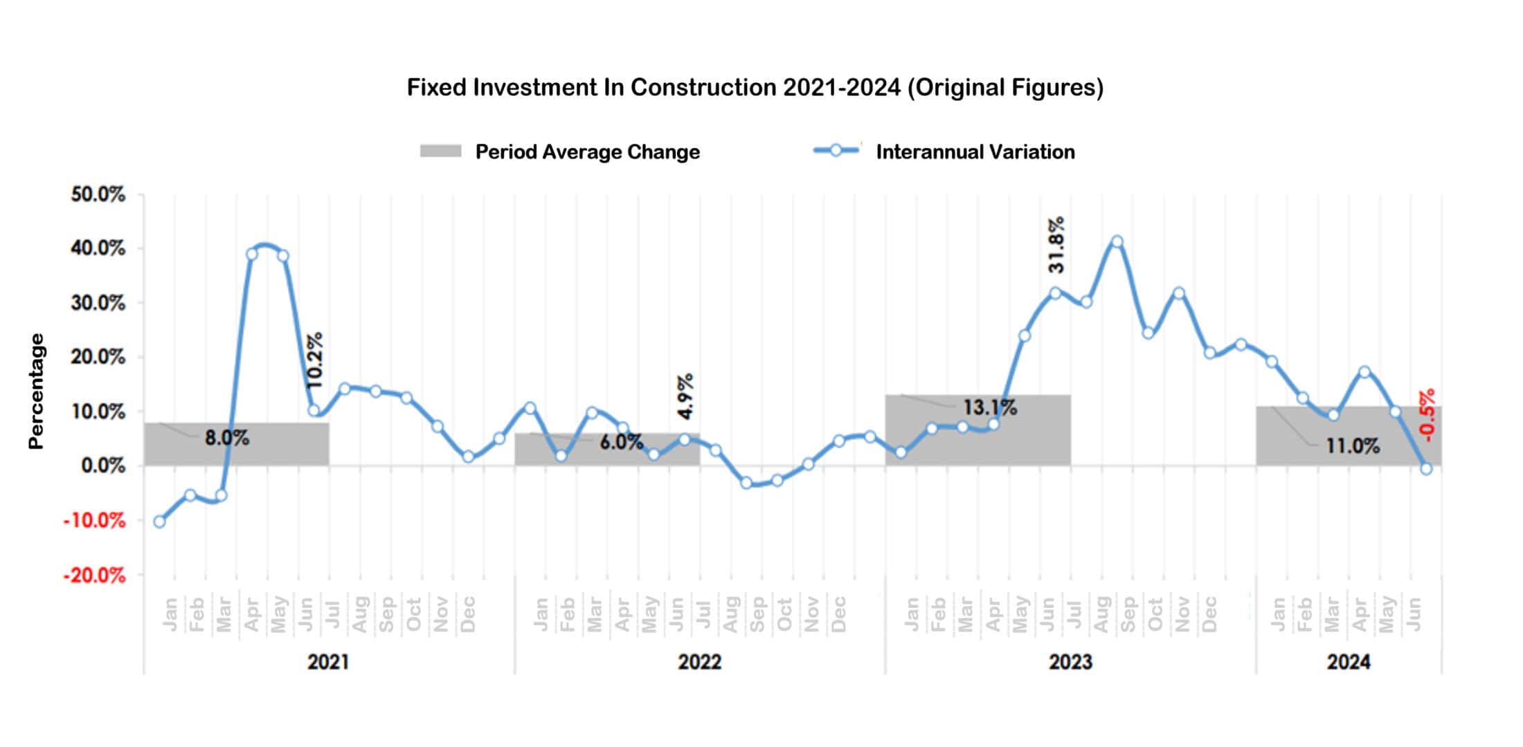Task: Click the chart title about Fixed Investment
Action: (x=755, y=88)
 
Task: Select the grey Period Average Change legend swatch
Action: (x=440, y=151)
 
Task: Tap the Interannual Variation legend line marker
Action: (x=836, y=151)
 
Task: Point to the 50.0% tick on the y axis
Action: (x=98, y=194)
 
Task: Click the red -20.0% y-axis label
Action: (x=95, y=575)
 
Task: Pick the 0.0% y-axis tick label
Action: (x=103, y=466)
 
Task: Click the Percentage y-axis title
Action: (x=36, y=391)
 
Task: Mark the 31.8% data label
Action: (x=1056, y=245)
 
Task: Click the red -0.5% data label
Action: (x=1426, y=415)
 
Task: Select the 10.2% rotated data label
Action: (x=314, y=360)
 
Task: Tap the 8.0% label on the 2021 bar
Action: (x=226, y=438)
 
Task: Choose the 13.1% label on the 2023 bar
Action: (x=990, y=407)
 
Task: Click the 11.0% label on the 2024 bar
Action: (x=1352, y=446)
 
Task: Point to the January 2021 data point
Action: (x=160, y=522)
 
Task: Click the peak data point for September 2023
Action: (x=1117, y=241)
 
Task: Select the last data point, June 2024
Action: (x=1426, y=469)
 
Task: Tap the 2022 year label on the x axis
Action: (x=699, y=662)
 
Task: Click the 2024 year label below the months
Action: (x=1348, y=662)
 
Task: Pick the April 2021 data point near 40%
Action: (x=252, y=255)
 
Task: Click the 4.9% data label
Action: (x=685, y=396)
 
